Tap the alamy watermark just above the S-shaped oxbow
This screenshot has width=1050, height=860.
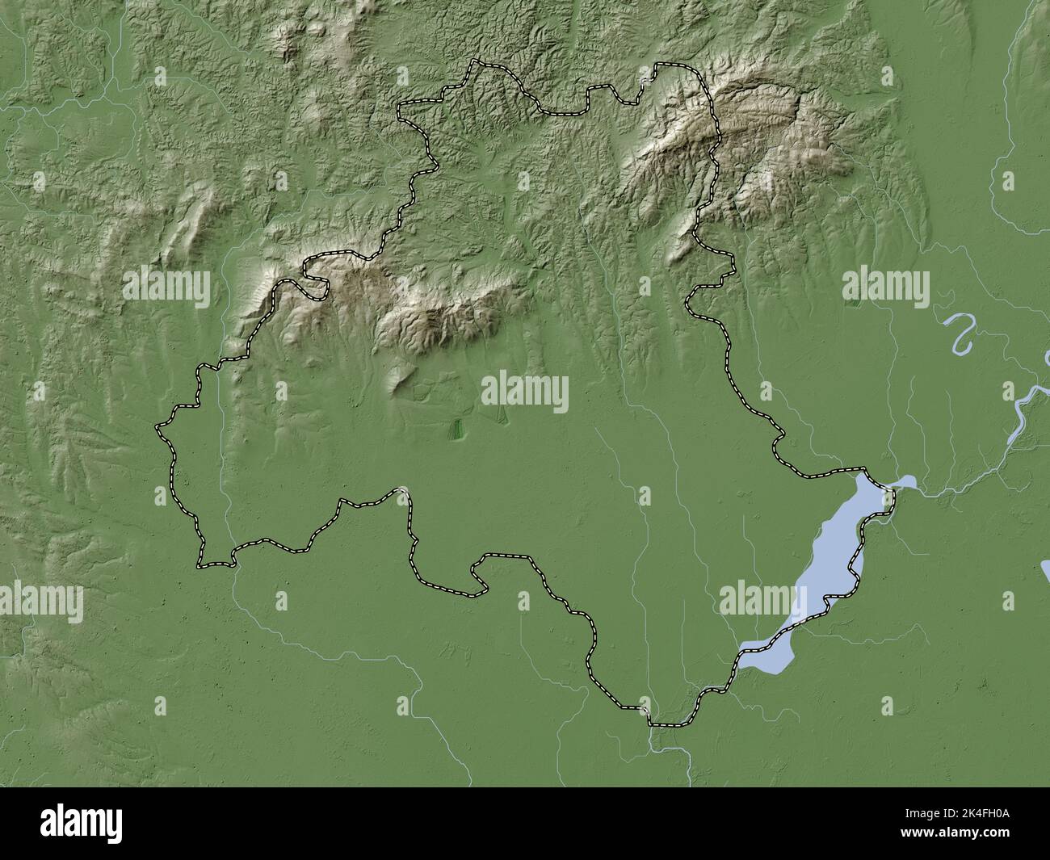[x=885, y=286]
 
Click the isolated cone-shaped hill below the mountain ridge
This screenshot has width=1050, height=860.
[x=398, y=379]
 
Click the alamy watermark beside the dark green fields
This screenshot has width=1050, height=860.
[x=525, y=392]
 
